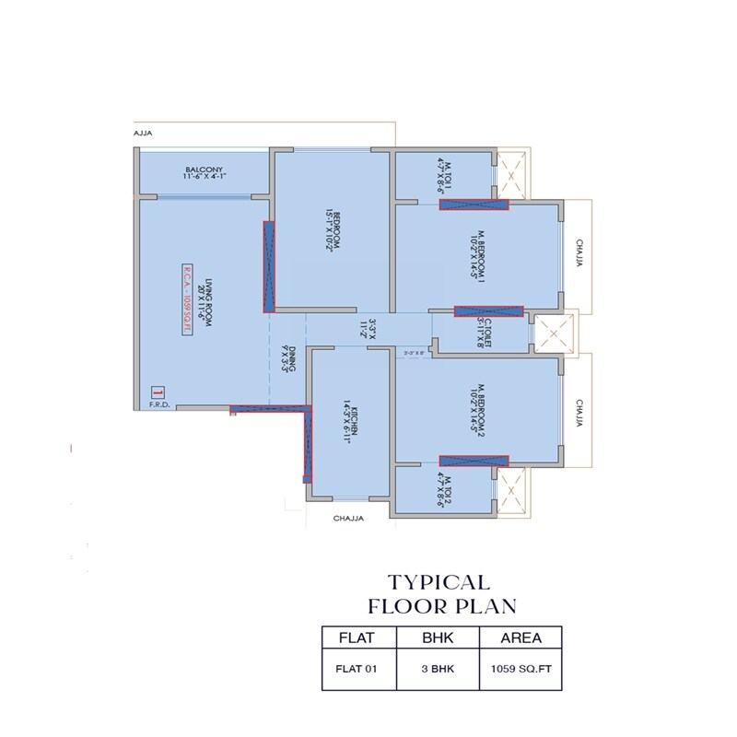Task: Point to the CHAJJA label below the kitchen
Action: tap(348, 519)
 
